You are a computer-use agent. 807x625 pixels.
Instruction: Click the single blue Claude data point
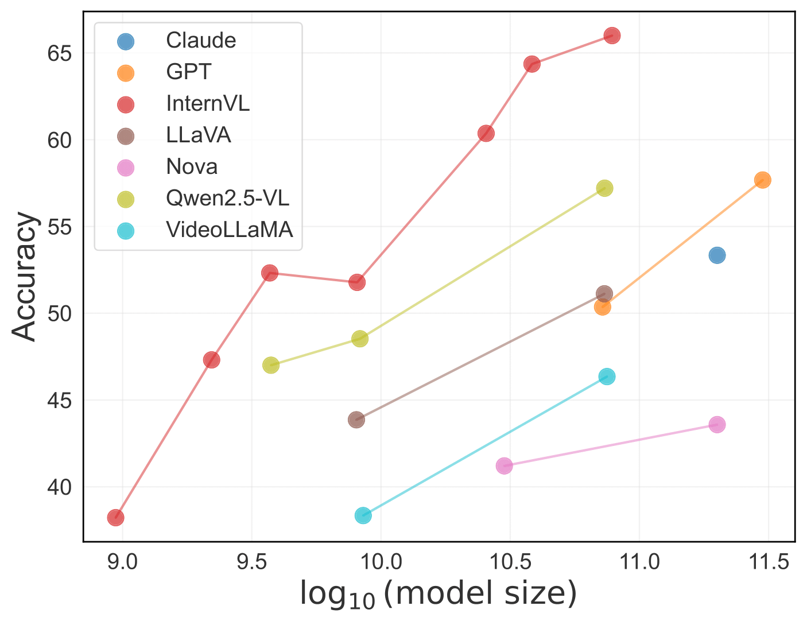tap(716, 255)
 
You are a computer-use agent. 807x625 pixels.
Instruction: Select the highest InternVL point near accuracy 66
tap(612, 36)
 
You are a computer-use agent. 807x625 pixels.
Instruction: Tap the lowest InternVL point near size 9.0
tap(115, 517)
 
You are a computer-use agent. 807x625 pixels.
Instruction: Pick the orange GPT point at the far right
tap(762, 180)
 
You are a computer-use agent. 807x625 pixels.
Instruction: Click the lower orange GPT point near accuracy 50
tap(602, 306)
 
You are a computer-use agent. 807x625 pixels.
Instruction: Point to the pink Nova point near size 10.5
tap(504, 465)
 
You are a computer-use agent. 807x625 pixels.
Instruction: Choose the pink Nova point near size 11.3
tap(716, 425)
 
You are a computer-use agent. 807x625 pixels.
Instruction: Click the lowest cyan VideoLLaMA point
tap(363, 515)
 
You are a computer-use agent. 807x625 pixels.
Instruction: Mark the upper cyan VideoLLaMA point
tap(607, 376)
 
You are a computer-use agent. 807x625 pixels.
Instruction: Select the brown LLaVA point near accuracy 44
tap(356, 420)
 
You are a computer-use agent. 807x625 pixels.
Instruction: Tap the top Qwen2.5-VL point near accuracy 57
tap(604, 188)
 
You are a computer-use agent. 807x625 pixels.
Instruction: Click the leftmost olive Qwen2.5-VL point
tap(271, 365)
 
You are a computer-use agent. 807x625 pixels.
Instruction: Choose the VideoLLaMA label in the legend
tap(229, 230)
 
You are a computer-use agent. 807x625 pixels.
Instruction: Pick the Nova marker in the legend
tap(125, 168)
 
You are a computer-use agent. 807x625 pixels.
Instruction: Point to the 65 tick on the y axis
tap(59, 53)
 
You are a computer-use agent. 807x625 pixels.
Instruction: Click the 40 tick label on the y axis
tap(59, 487)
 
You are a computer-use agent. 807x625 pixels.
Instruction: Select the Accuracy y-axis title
tap(25, 277)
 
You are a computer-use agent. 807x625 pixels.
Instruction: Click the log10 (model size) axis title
tap(438, 595)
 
